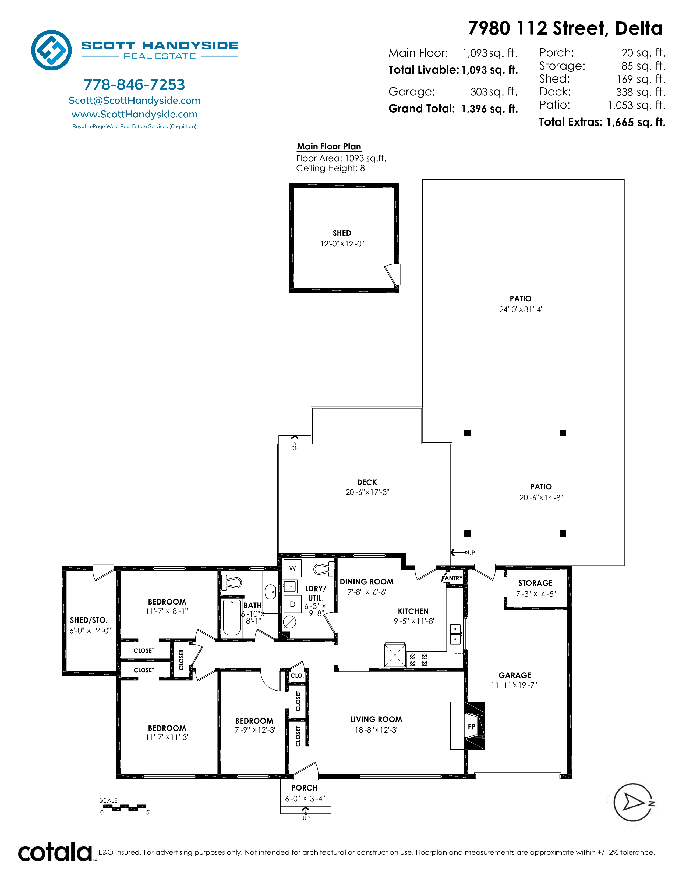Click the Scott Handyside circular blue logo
[x=52, y=50]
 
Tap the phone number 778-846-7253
[x=135, y=84]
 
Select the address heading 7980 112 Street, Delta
[x=565, y=28]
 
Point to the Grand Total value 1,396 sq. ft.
[x=490, y=109]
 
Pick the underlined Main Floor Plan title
[x=329, y=146]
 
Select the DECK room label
[x=367, y=482]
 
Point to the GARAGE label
[x=515, y=675]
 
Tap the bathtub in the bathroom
[x=232, y=618]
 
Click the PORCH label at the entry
[x=304, y=788]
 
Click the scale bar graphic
[x=123, y=807]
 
